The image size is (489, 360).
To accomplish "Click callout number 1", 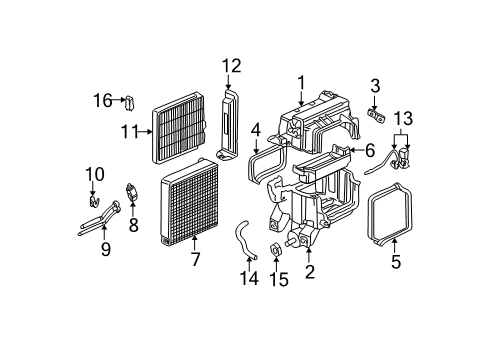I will pyautogui.click(x=299, y=81).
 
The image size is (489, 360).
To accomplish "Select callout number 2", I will pyautogui.click(x=309, y=272).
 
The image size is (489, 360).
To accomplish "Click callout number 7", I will pyautogui.click(x=195, y=261).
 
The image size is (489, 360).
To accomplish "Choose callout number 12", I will pyautogui.click(x=231, y=66).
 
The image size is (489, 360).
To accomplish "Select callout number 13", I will pyautogui.click(x=403, y=118).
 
